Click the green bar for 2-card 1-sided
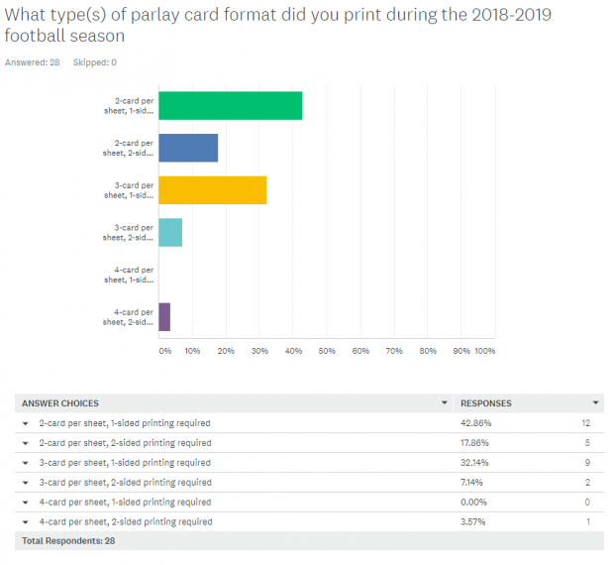tap(230, 106)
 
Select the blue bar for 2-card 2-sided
tap(188, 148)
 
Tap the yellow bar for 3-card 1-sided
tap(212, 189)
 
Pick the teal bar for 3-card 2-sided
tap(170, 231)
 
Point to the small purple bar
tap(164, 316)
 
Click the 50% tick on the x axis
tap(327, 351)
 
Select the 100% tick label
tap(484, 351)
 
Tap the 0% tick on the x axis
tap(164, 351)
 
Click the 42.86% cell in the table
tap(475, 423)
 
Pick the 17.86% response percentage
tap(475, 443)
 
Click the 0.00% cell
tap(473, 502)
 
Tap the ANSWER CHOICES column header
tap(60, 403)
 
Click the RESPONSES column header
tap(487, 403)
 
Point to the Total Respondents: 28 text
tap(68, 541)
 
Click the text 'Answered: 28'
tap(32, 62)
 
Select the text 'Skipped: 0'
tap(95, 62)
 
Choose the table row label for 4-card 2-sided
tap(125, 521)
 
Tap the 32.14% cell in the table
tap(475, 463)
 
